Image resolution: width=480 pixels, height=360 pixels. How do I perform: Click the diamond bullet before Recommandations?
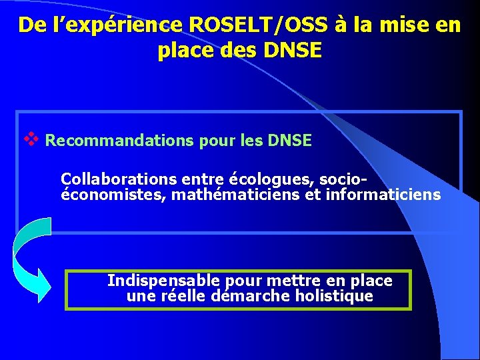[x=30, y=139]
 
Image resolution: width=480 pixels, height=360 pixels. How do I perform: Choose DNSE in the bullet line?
[x=289, y=141]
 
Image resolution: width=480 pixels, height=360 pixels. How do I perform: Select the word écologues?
[x=273, y=179]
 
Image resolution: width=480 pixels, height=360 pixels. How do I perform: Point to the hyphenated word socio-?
[x=345, y=179]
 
